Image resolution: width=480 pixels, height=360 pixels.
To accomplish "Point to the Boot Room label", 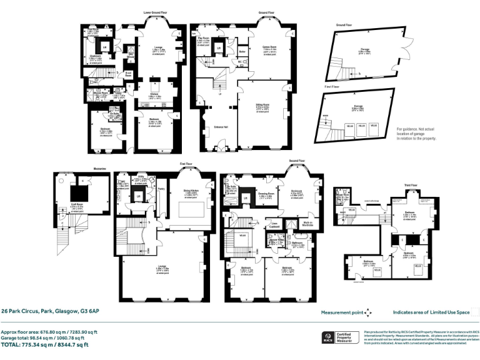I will [x=128, y=74].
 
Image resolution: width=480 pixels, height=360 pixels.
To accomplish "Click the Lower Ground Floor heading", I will [x=155, y=12].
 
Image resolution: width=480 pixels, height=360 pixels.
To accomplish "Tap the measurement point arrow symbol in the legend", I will [x=369, y=312].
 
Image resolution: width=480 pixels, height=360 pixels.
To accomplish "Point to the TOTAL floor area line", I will [x=44, y=344].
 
